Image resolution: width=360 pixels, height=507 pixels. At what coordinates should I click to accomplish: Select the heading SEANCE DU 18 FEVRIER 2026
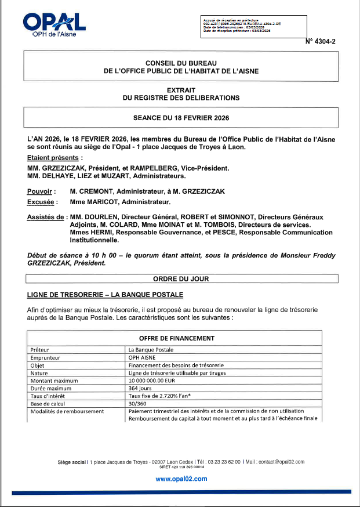(181, 118)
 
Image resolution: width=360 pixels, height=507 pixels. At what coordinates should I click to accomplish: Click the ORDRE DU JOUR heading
(181, 278)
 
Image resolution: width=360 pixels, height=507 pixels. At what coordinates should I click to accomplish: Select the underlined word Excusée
(42, 202)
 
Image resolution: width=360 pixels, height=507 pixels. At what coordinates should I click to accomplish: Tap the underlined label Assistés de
(46, 217)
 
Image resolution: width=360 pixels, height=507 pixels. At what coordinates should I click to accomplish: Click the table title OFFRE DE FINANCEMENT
(177, 338)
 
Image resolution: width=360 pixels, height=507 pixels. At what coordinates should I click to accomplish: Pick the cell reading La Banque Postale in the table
(151, 350)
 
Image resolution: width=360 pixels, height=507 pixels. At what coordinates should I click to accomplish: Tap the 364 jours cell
(140, 388)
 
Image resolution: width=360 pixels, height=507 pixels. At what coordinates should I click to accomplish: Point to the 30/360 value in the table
(137, 404)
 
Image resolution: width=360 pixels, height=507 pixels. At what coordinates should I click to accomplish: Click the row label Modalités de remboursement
(67, 411)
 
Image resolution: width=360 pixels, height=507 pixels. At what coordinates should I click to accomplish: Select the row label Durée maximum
(51, 388)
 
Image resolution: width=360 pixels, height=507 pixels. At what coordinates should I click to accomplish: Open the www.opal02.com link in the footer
(181, 479)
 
